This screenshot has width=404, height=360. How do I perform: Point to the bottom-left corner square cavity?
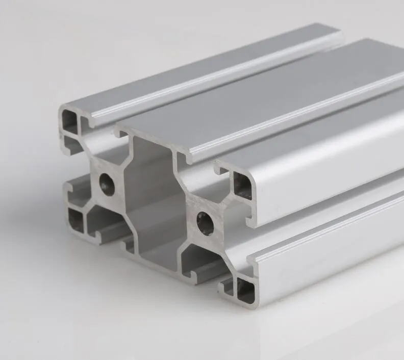pos(75,219)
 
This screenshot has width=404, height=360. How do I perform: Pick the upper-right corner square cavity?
pos(242,185)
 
